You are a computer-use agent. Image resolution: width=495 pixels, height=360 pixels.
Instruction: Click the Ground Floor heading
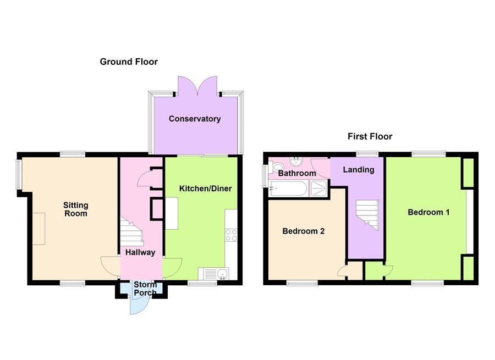(129, 62)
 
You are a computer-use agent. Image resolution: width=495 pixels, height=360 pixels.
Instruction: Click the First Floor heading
(370, 136)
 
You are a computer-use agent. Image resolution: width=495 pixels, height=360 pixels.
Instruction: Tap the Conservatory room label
(195, 119)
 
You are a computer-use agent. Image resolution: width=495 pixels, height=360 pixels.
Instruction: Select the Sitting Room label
(76, 209)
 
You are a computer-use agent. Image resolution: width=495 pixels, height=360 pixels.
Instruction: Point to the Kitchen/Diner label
(206, 189)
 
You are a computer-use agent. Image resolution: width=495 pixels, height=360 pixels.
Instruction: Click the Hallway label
(140, 252)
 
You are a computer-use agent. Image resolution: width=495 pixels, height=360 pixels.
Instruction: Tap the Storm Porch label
(145, 289)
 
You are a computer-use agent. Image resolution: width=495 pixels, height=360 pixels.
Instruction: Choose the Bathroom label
(297, 173)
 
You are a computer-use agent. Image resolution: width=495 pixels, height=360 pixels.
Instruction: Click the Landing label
(359, 169)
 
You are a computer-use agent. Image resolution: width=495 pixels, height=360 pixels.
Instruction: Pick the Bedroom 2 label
(303, 231)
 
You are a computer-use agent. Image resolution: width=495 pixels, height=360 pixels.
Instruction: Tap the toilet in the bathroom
(277, 167)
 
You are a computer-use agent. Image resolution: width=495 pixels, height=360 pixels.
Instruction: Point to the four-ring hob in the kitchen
(231, 235)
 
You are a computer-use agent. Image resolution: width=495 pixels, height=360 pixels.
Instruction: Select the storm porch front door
(136, 303)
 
